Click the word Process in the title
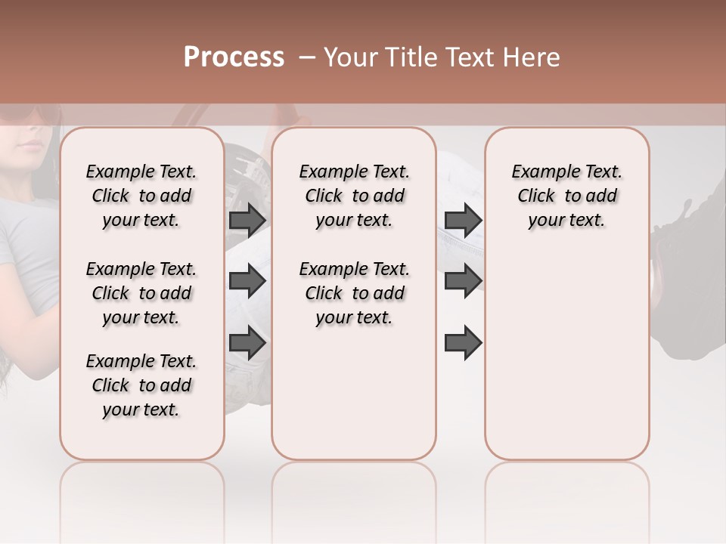(234, 57)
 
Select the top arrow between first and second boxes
(247, 221)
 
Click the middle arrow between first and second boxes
(247, 282)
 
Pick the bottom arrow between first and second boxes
(247, 343)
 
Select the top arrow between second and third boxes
(463, 221)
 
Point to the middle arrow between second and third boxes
(463, 282)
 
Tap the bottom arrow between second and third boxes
(463, 343)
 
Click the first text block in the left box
(141, 196)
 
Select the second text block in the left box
(141, 293)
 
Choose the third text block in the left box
(141, 385)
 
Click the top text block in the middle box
(354, 196)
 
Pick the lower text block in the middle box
(354, 293)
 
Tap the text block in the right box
(566, 196)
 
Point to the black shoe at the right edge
(681, 234)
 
